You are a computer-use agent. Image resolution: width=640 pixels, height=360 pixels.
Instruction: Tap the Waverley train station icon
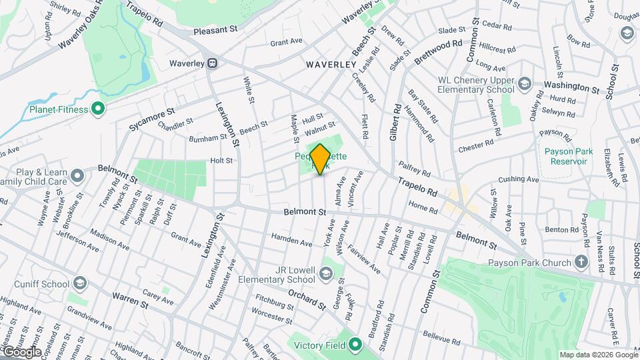tap(213, 63)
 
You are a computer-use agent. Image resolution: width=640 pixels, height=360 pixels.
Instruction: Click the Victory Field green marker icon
tap(355, 345)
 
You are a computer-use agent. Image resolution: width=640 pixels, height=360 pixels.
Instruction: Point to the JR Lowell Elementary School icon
tap(325, 273)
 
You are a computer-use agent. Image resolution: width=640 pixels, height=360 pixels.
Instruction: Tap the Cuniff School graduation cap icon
tap(79, 283)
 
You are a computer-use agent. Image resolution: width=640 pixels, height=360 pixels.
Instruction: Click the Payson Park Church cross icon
tap(581, 263)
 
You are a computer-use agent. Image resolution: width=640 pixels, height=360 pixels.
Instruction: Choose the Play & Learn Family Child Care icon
tap(78, 176)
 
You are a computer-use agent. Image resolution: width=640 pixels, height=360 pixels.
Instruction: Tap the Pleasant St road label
tap(215, 30)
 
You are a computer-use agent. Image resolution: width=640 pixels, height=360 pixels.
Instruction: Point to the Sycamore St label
tap(152, 115)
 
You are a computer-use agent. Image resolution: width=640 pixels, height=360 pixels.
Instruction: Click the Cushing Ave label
tap(518, 179)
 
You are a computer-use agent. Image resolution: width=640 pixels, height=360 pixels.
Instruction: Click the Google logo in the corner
tap(21, 351)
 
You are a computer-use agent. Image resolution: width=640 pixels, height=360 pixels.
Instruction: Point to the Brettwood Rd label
tap(438, 51)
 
